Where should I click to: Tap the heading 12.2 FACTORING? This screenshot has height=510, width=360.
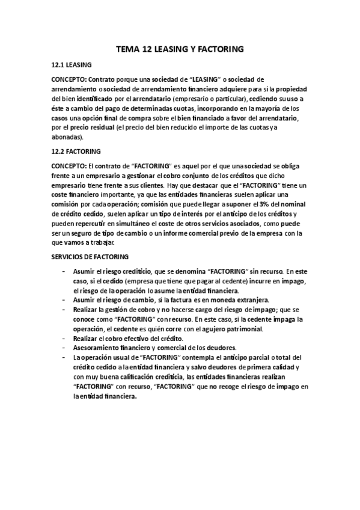tap(76, 151)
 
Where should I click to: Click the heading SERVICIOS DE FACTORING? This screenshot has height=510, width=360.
tap(86, 257)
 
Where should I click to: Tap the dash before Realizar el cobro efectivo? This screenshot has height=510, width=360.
tap(64, 339)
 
